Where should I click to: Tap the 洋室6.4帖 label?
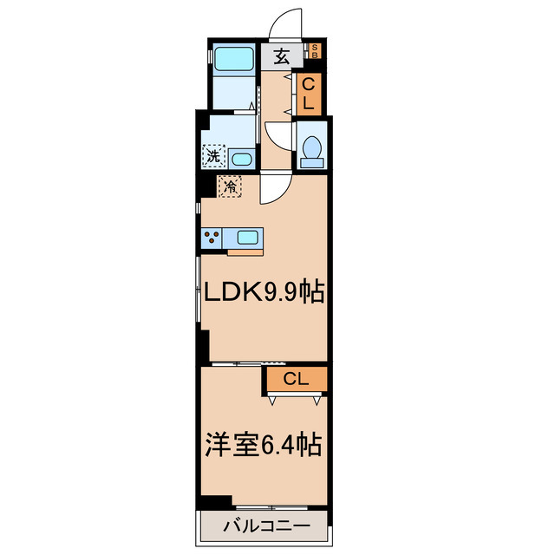(263, 447)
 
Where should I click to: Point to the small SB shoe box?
(315, 51)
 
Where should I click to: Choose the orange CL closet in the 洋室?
(296, 379)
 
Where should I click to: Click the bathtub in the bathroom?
(233, 60)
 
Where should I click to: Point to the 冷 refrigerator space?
(230, 185)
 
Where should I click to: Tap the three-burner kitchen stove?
(211, 237)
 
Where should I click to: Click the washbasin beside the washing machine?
(241, 159)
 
